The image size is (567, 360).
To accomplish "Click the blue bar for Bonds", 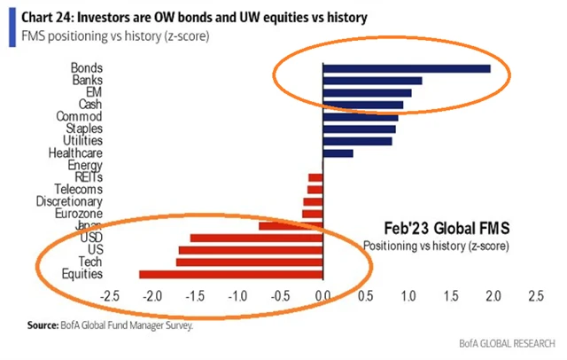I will coord(407,68).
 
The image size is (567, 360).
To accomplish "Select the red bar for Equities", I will coord(231,275).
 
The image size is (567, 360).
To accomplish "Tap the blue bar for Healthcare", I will coord(338,153).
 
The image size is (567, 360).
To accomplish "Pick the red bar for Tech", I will coord(237,262).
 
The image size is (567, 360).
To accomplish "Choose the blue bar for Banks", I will coord(372,81).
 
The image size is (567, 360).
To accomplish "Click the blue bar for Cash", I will coord(363,105).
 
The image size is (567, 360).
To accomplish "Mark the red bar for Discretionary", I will coord(314,201).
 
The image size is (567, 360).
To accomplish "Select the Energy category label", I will coord(86,165).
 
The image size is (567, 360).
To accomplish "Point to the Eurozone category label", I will coord(81,214).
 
